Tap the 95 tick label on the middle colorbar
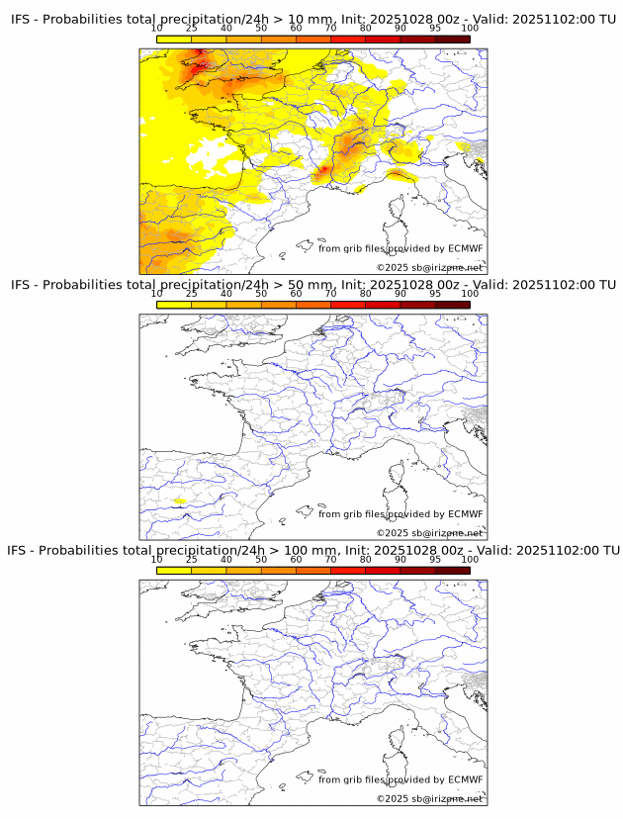pyautogui.click(x=435, y=293)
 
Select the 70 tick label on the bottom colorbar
pyautogui.click(x=331, y=559)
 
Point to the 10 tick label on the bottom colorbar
pyautogui.click(x=157, y=559)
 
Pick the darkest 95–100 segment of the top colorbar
pyautogui.click(x=452, y=39)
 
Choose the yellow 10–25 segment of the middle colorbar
pyautogui.click(x=174, y=305)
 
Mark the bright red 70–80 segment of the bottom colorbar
pyautogui.click(x=348, y=571)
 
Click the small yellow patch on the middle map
pyautogui.click(x=179, y=501)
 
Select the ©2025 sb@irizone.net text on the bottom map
pyautogui.click(x=429, y=798)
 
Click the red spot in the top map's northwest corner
pyautogui.click(x=201, y=65)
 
